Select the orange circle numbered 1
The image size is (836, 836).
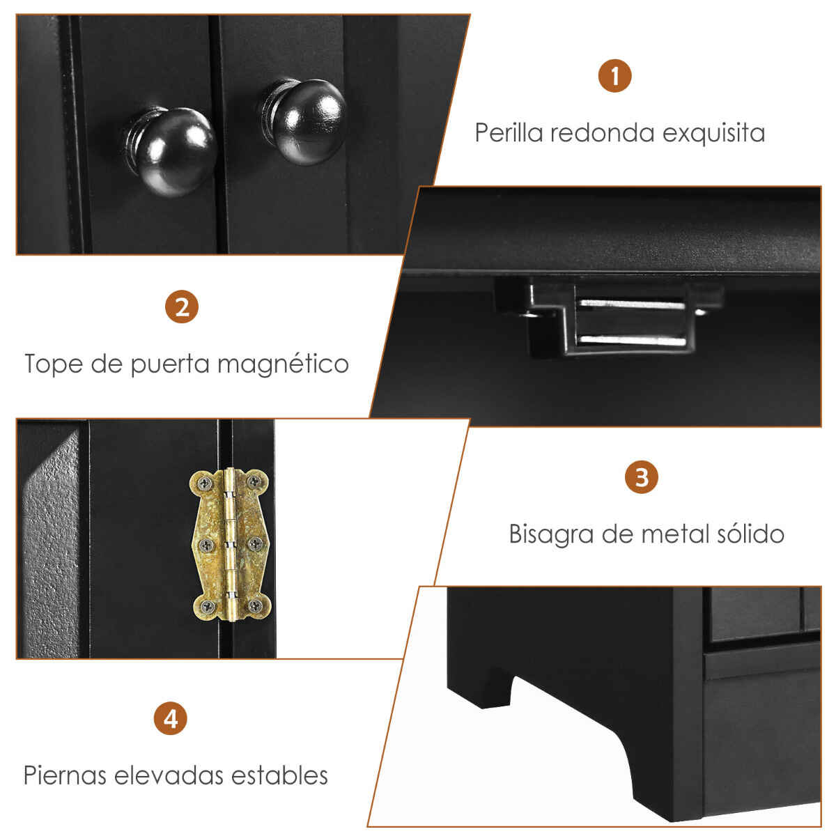[x=614, y=76]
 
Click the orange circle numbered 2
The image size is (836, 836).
[x=182, y=307]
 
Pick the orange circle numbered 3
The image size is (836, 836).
[x=641, y=477]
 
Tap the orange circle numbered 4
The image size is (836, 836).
[x=171, y=718]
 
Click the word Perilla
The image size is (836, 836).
[x=509, y=133]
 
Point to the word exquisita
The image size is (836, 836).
[x=713, y=134]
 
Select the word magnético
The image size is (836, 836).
[x=283, y=364]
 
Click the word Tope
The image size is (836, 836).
[x=54, y=364]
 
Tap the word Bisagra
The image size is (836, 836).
[x=551, y=534]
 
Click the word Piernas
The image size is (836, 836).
[x=65, y=775]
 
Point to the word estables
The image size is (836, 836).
[x=279, y=775]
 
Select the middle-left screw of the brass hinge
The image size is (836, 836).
[x=206, y=544]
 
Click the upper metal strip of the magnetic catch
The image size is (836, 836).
[x=632, y=304]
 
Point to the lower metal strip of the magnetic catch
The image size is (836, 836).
[x=633, y=340]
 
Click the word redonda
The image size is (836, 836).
[x=602, y=133]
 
